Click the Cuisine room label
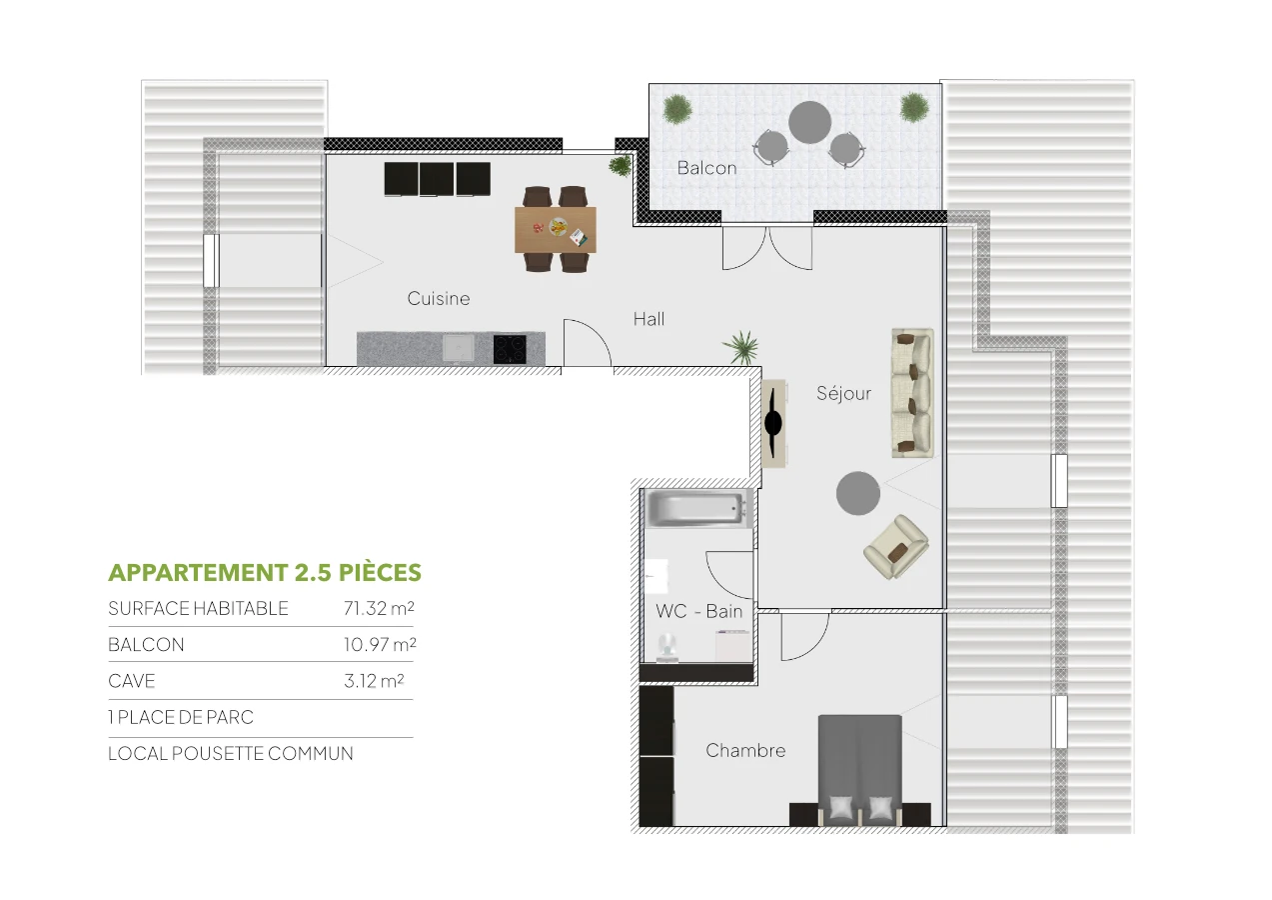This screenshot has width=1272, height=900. pyautogui.click(x=438, y=298)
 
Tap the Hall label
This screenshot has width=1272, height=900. pyautogui.click(x=648, y=319)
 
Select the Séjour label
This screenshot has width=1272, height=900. pyautogui.click(x=843, y=393)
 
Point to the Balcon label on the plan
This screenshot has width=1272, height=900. pyautogui.click(x=706, y=168)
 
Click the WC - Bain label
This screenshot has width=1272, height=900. pyautogui.click(x=699, y=611)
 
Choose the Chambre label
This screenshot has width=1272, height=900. pyautogui.click(x=745, y=750)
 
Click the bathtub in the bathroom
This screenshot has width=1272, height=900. pyautogui.click(x=697, y=509)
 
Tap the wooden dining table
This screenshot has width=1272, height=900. pyautogui.click(x=556, y=229)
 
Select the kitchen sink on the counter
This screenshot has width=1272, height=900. pyautogui.click(x=459, y=348)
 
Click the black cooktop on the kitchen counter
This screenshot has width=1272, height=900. pyautogui.click(x=510, y=349)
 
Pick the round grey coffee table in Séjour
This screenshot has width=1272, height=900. pyautogui.click(x=858, y=493)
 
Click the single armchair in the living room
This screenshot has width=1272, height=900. pyautogui.click(x=896, y=546)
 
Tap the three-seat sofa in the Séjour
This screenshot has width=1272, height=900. pyautogui.click(x=912, y=393)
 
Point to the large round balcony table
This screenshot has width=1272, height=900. pyautogui.click(x=809, y=122)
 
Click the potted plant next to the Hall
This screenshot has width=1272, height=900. pyautogui.click(x=741, y=347)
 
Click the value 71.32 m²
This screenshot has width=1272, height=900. pyautogui.click(x=379, y=608)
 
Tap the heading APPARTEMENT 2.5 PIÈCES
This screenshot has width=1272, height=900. pyautogui.click(x=265, y=573)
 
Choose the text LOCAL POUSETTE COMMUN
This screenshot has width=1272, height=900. pyautogui.click(x=231, y=753)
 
